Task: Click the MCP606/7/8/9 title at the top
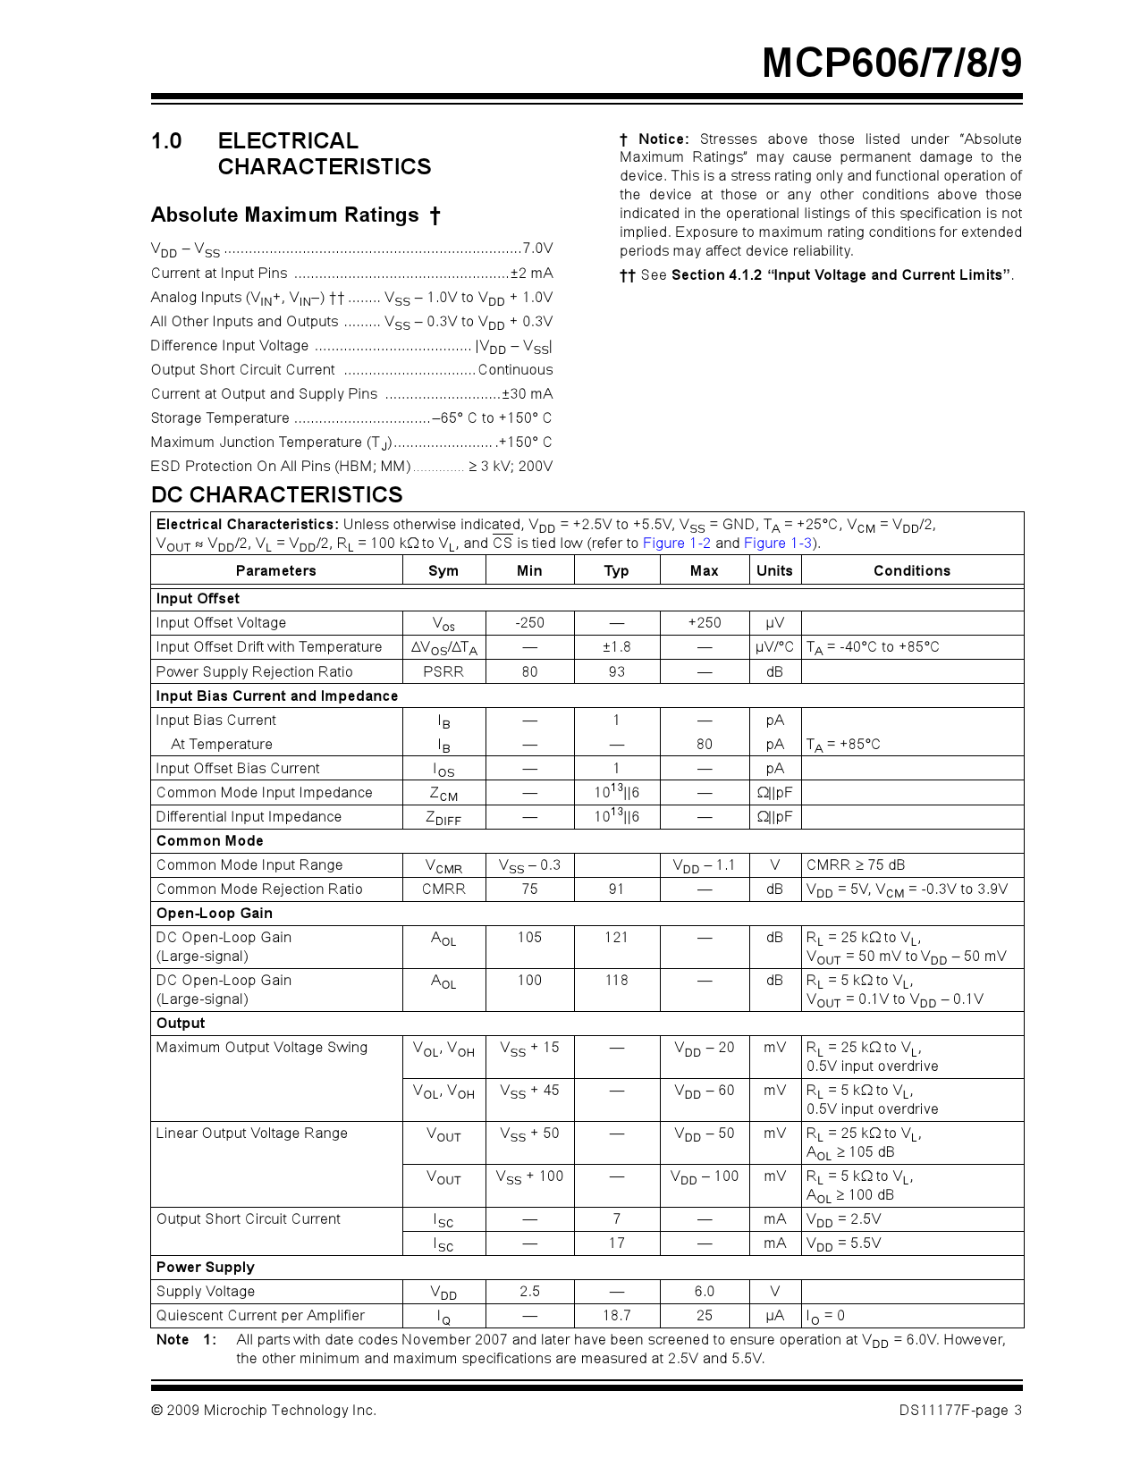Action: [x=891, y=63]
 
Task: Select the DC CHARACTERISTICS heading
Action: [x=276, y=495]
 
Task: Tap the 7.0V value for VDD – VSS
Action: [x=537, y=249]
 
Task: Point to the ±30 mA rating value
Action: [x=527, y=394]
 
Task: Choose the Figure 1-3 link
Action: [x=778, y=544]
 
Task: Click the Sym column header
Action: [x=443, y=571]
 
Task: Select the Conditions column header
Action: [x=911, y=571]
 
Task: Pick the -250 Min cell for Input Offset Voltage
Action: [x=529, y=623]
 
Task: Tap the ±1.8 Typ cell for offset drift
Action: [x=616, y=647]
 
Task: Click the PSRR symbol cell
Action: [x=443, y=672]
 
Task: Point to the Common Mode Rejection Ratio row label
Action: [x=259, y=889]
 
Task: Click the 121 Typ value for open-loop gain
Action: [x=616, y=938]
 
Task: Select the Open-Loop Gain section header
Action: [x=215, y=914]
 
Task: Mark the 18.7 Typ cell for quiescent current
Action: [x=616, y=1316]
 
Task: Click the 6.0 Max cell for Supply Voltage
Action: [x=704, y=1292]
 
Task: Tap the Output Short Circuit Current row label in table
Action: [x=249, y=1219]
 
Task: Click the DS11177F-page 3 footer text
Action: [x=960, y=1411]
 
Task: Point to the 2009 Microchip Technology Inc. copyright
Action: [x=264, y=1411]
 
